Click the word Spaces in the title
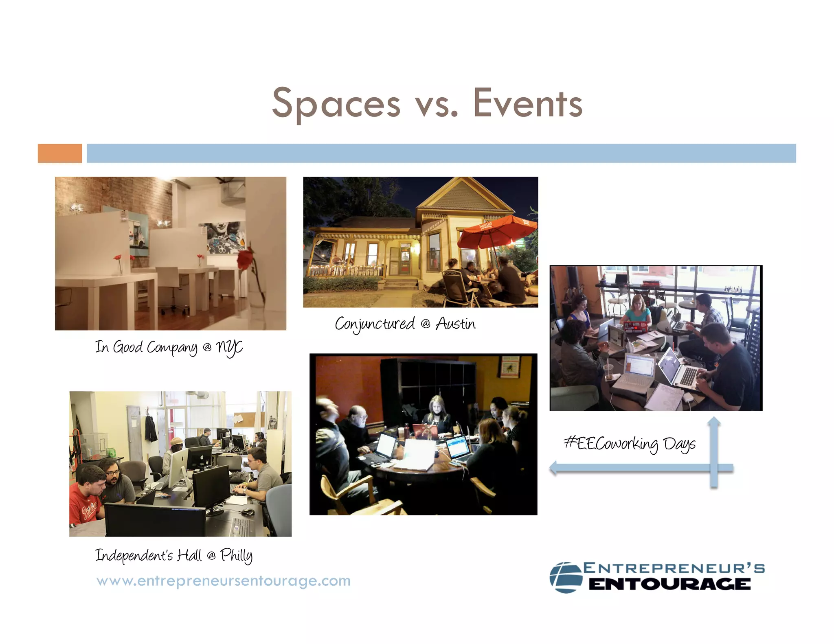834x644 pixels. coord(336,104)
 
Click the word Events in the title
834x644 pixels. coord(527,104)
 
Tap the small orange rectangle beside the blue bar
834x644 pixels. coord(60,153)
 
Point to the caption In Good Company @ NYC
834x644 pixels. coord(169,348)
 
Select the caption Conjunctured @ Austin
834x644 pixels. coord(405,324)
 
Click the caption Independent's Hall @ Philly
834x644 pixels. coord(174,555)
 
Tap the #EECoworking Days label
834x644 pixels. coord(629,444)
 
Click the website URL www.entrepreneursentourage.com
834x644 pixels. coord(224,580)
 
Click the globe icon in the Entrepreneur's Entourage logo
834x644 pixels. coord(566,577)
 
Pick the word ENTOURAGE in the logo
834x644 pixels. coord(669,585)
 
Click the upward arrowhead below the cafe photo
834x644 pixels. coord(713,423)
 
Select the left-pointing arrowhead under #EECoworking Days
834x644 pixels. coord(553,467)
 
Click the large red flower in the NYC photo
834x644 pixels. coord(245,259)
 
